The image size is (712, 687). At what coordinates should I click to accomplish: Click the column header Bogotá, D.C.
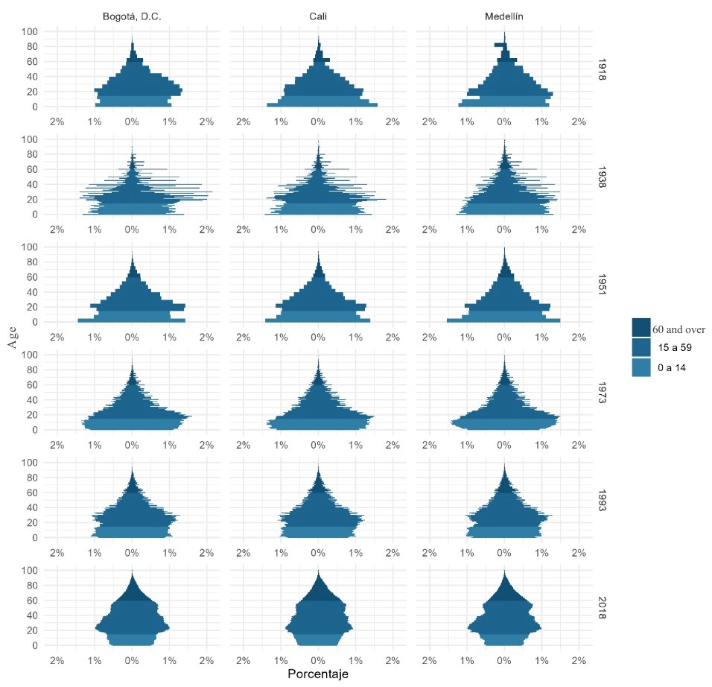pyautogui.click(x=132, y=17)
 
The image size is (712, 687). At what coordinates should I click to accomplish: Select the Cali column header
pyautogui.click(x=318, y=17)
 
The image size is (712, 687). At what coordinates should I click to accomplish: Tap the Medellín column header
pyautogui.click(x=504, y=17)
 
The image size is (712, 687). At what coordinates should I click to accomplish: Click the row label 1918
pyautogui.click(x=603, y=69)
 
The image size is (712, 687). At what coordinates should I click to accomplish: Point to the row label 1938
pyautogui.click(x=603, y=177)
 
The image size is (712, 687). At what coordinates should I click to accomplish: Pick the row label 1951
pyautogui.click(x=603, y=285)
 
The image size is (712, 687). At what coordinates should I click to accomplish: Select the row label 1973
pyautogui.click(x=603, y=392)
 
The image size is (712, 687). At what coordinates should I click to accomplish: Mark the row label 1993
pyautogui.click(x=603, y=500)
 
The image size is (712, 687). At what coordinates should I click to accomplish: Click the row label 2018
pyautogui.click(x=603, y=607)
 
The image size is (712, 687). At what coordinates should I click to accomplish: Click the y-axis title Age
pyautogui.click(x=13, y=338)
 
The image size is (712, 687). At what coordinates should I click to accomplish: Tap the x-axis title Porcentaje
pyautogui.click(x=318, y=674)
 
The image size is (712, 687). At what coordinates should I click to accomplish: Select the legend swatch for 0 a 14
pyautogui.click(x=641, y=367)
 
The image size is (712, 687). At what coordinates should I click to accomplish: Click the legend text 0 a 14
pyautogui.click(x=672, y=368)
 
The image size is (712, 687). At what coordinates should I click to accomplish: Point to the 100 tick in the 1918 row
pyautogui.click(x=29, y=31)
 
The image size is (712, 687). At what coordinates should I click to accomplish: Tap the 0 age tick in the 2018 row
pyautogui.click(x=34, y=645)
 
